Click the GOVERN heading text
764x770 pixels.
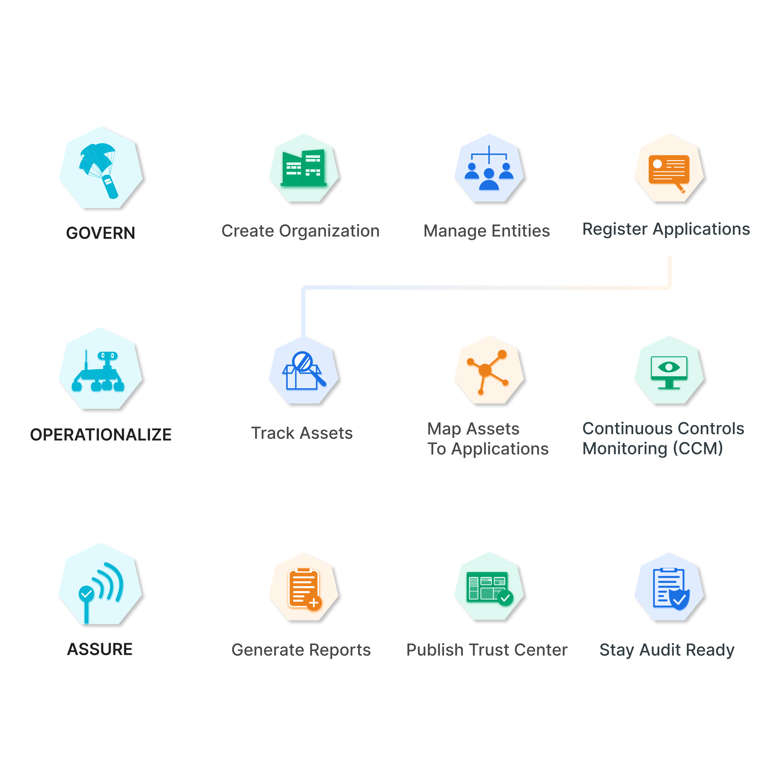tap(101, 233)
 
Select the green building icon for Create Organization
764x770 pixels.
tap(303, 168)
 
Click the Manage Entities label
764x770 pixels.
tap(487, 231)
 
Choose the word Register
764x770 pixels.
tap(615, 230)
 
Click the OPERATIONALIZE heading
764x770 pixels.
tap(101, 435)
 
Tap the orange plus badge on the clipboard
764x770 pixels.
tap(314, 603)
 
